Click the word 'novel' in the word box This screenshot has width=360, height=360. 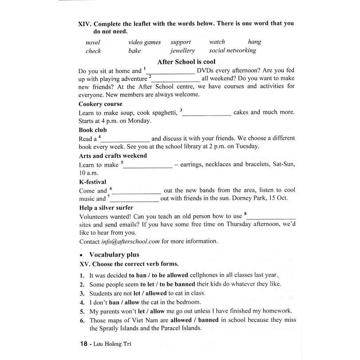tap(93, 43)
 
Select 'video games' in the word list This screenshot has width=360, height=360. tap(145, 42)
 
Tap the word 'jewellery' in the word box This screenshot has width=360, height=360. tap(182, 51)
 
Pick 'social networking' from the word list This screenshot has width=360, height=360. tap(232, 51)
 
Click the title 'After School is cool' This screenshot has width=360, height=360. tap(186, 62)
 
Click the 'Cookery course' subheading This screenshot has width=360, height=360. tap(101, 104)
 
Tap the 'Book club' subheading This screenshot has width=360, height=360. tap(93, 130)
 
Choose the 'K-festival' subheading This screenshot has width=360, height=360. tap(93, 182)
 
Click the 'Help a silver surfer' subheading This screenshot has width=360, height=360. tap(106, 207)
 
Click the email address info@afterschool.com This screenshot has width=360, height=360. tap(130, 242)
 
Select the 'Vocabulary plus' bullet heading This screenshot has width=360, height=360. tap(114, 254)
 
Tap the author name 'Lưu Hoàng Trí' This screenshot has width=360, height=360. tap(110, 343)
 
